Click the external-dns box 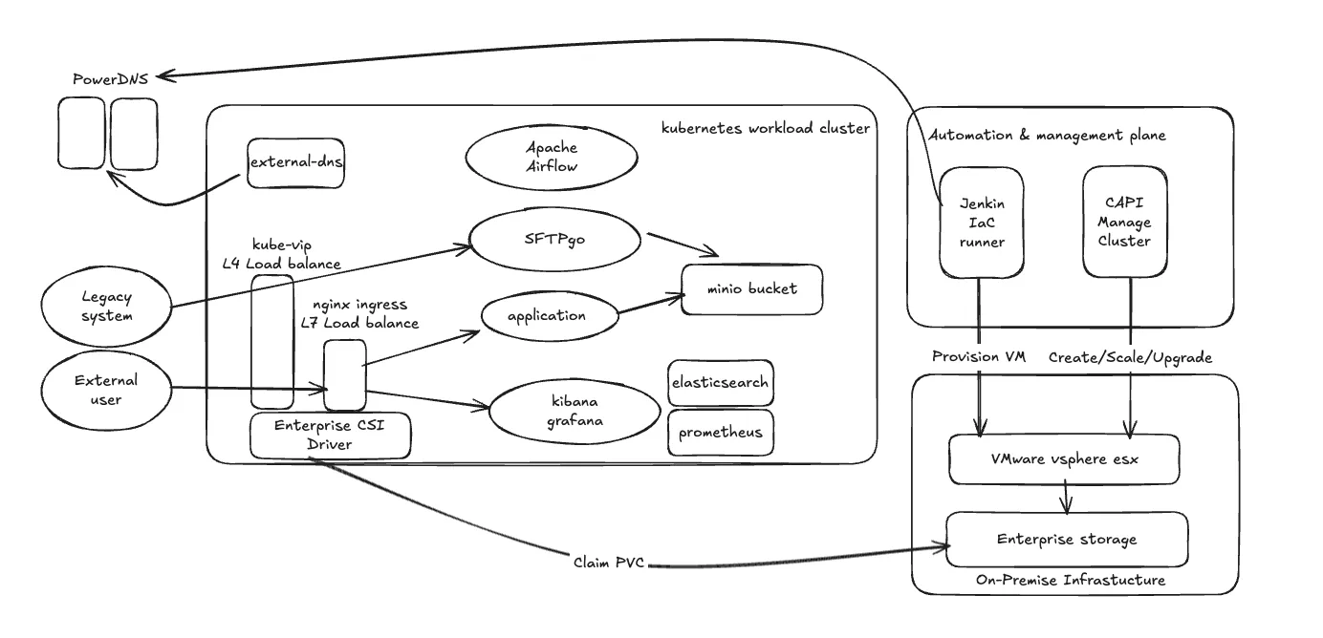click(x=295, y=162)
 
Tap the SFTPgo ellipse click(x=555, y=240)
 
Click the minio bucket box click(x=751, y=289)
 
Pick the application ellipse click(x=547, y=316)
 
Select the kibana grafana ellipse click(x=575, y=409)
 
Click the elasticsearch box click(x=720, y=383)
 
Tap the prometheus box click(x=720, y=433)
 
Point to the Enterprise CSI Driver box click(x=331, y=435)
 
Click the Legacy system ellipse click(x=106, y=307)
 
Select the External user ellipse click(x=106, y=390)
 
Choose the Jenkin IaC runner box click(x=981, y=223)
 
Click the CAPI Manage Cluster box click(x=1124, y=222)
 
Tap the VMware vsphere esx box click(x=1064, y=459)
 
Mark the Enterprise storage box click(x=1067, y=540)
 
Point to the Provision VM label click(x=979, y=357)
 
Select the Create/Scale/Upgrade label click(x=1130, y=357)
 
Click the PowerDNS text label click(x=111, y=79)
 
